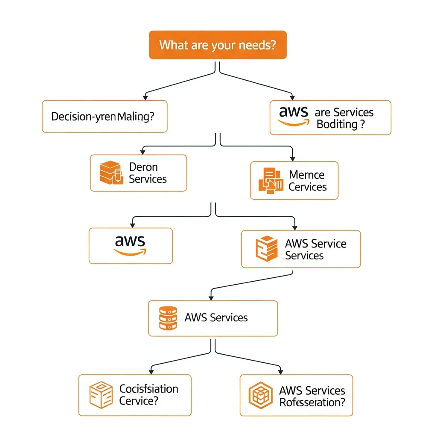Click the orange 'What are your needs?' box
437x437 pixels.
pyautogui.click(x=218, y=45)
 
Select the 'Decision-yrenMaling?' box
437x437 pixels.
pyautogui.click(x=105, y=116)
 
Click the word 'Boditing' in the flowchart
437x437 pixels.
pyautogui.click(x=337, y=124)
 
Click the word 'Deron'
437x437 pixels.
pyautogui.click(x=143, y=167)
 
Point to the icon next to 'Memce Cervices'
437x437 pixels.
pyautogui.click(x=271, y=181)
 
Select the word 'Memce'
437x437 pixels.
pyautogui.click(x=306, y=175)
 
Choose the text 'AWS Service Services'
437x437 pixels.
pyautogui.click(x=315, y=249)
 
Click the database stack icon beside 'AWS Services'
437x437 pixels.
pyautogui.click(x=168, y=318)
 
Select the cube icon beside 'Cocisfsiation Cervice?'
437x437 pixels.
pyautogui.click(x=101, y=395)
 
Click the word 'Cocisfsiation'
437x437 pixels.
pyautogui.click(x=149, y=389)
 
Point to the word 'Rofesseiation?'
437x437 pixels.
pyautogui.click(x=312, y=402)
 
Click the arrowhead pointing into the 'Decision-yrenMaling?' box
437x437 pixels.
pyautogui.click(x=146, y=98)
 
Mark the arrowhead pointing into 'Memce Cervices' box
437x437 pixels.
pyautogui.click(x=292, y=158)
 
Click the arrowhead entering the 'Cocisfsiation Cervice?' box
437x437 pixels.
pyautogui.click(x=151, y=372)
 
